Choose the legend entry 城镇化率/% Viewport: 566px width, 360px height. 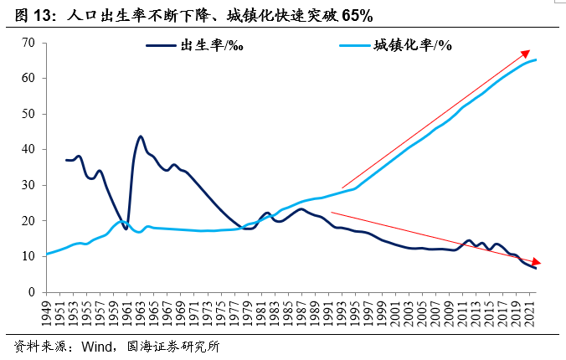412,45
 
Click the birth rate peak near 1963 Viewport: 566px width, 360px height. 141,136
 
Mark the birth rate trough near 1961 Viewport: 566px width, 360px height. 126,228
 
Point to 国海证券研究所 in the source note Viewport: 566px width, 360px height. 171,347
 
